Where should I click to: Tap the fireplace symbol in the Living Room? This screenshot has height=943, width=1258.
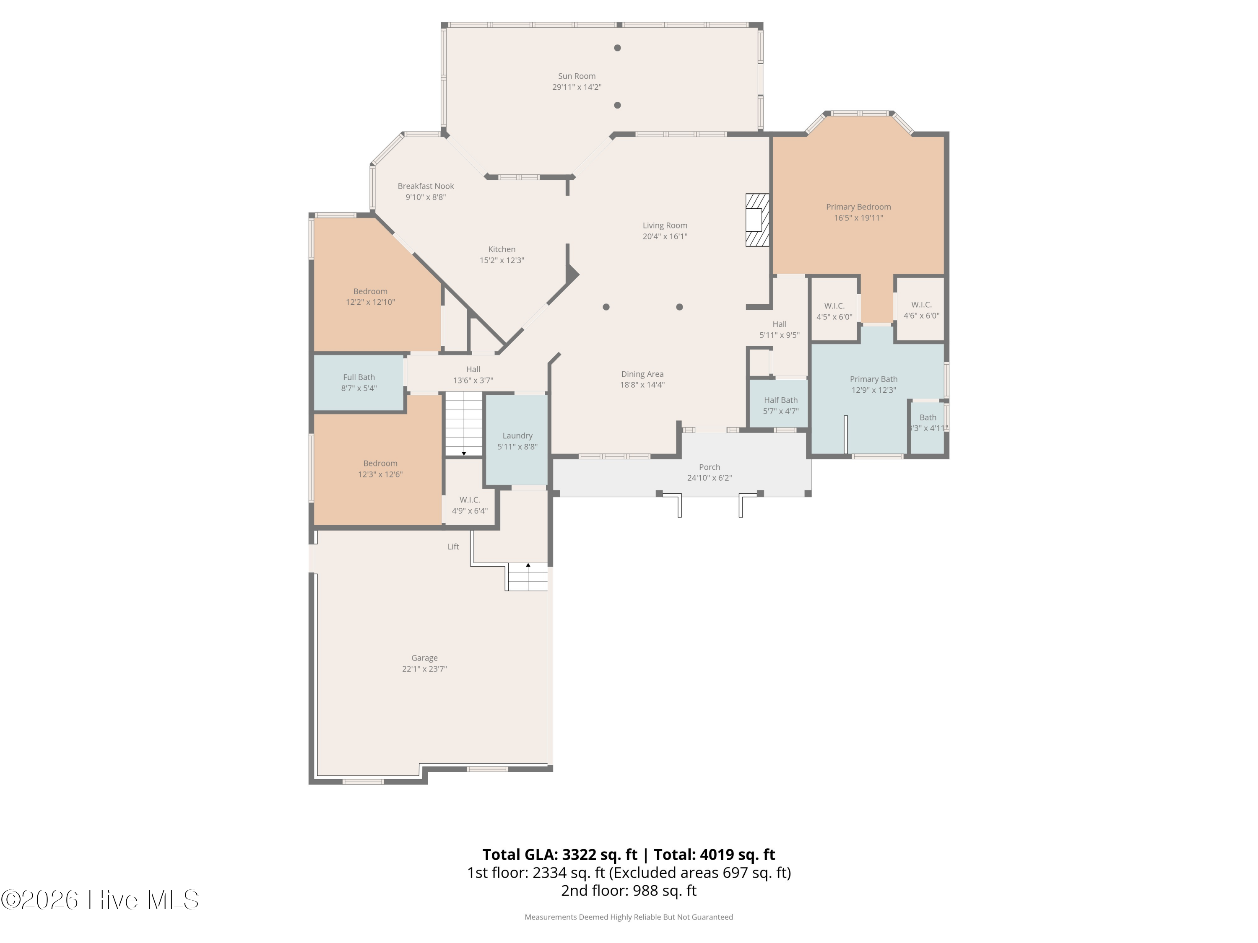click(757, 220)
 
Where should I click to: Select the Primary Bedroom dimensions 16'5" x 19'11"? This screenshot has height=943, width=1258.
click(858, 218)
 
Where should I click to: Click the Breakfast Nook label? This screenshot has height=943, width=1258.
click(425, 186)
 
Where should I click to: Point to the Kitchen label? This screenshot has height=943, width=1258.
click(502, 249)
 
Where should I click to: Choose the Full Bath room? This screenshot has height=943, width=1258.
click(359, 383)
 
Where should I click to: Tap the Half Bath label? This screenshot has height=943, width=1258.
click(780, 400)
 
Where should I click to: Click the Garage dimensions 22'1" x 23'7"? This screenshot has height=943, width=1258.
click(424, 669)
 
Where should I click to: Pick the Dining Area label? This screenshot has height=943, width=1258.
click(642, 374)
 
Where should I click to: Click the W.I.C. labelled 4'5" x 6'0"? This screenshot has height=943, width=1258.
click(834, 311)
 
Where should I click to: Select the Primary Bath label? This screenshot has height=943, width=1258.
click(873, 379)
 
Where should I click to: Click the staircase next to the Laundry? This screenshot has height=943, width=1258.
click(463, 423)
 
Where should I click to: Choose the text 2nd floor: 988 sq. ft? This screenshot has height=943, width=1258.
click(629, 891)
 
